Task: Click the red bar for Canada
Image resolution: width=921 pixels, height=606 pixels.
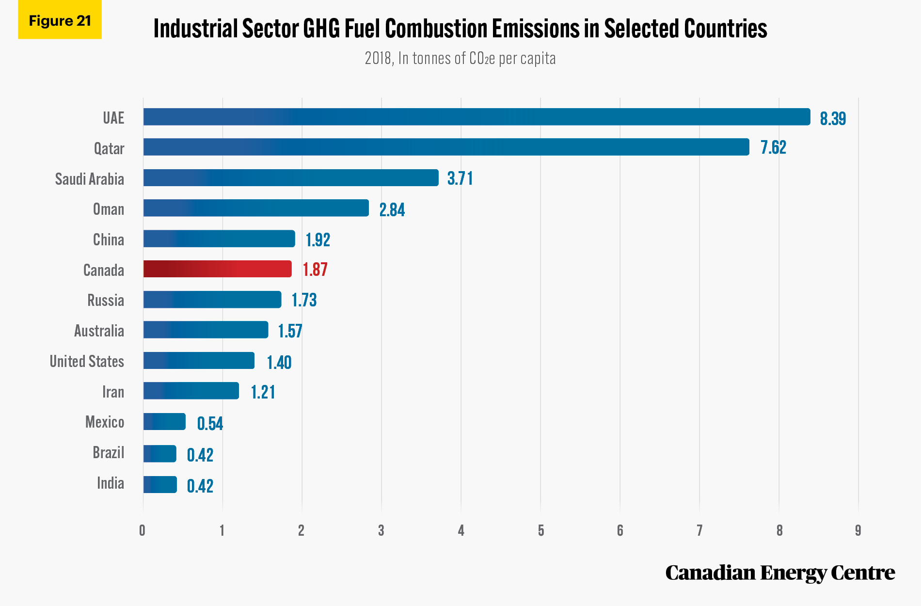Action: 218,269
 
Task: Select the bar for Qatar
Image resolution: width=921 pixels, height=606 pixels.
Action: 446,147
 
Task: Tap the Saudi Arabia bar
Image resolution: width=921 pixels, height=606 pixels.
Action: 291,177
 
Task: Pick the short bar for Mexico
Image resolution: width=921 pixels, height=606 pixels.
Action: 164,422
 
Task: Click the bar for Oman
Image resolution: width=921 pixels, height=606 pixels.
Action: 256,208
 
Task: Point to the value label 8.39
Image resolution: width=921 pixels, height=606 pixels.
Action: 833,118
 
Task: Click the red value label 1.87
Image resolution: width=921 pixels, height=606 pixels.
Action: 315,270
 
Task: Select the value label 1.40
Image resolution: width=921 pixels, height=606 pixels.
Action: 279,362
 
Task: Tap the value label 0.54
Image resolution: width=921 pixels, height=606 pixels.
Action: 210,424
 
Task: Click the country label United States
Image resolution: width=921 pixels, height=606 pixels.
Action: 87,361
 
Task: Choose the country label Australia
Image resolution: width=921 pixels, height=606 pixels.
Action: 99,331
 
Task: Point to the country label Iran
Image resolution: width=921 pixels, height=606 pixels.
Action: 113,392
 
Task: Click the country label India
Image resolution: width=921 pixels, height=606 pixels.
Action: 111,483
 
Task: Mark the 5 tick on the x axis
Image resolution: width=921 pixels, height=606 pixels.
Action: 540,530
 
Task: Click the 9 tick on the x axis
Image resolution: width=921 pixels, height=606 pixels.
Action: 858,530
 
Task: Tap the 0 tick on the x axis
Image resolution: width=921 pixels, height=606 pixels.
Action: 142,530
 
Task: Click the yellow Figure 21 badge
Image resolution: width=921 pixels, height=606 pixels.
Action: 60,20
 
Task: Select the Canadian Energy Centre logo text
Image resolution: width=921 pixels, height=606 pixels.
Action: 780,573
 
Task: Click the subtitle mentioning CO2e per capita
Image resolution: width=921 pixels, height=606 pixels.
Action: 460,58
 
